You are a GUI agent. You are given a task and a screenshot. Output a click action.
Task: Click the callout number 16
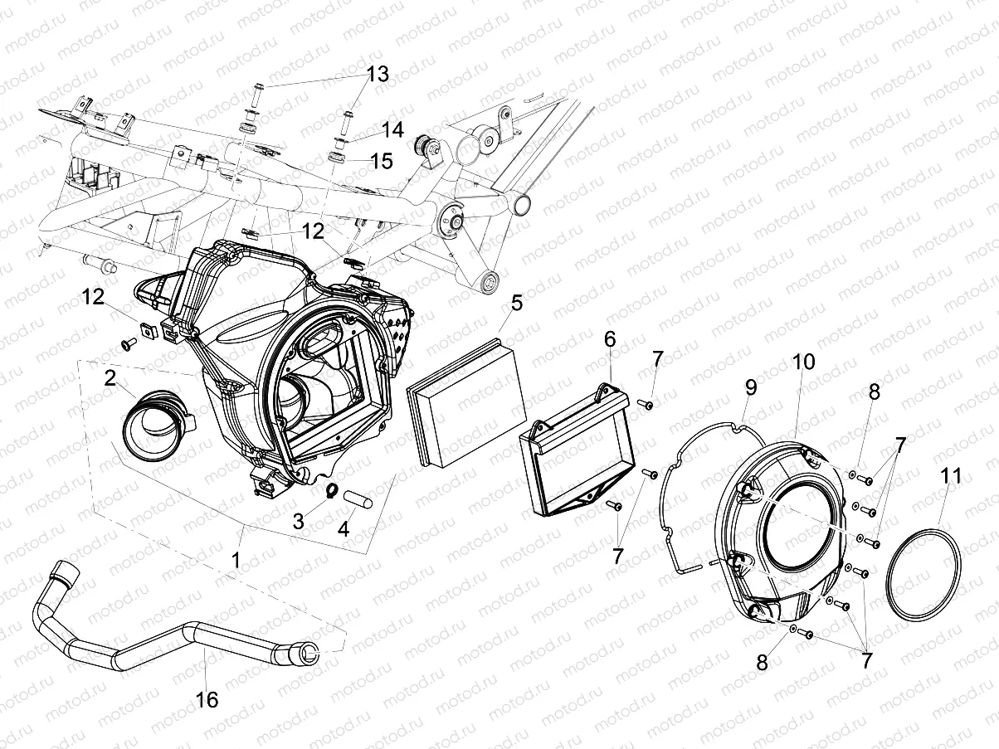(x=207, y=699)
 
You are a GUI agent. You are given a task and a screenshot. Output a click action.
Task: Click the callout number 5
(x=516, y=303)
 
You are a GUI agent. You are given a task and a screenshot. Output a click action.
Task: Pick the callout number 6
(x=610, y=338)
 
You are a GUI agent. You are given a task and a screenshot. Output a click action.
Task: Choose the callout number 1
(x=236, y=561)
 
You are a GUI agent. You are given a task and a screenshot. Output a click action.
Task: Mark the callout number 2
(x=110, y=378)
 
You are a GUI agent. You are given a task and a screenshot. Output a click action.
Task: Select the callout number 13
(x=377, y=75)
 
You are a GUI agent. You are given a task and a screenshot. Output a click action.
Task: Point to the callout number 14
(x=392, y=130)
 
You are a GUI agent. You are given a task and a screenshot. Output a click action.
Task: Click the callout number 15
(x=381, y=160)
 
